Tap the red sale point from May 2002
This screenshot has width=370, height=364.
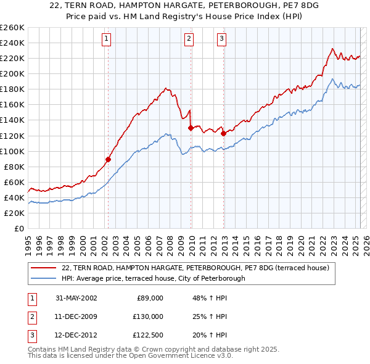pos(108,159)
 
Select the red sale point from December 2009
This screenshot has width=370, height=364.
pos(191,128)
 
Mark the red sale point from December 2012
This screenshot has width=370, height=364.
pos(223,133)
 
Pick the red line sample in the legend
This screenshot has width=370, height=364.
pos(43,268)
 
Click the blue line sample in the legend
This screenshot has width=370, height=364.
pos(43,278)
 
